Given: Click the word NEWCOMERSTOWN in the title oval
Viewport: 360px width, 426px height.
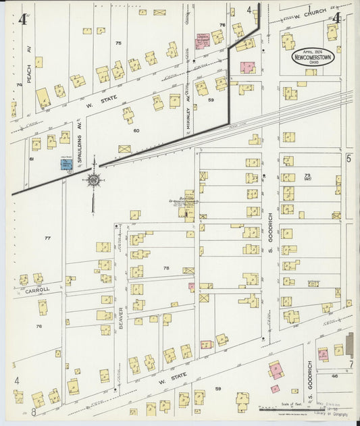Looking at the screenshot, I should point(313,59).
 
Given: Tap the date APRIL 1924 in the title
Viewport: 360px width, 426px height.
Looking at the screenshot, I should point(313,51).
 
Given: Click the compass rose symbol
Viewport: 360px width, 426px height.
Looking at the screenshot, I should point(93,180).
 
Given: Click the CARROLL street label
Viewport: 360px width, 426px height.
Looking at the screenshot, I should point(38,290).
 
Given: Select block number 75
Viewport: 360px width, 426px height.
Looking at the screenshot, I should point(118,43).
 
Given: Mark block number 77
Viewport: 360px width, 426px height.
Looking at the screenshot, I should point(47,238).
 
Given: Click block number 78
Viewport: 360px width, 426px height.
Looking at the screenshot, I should point(165,267).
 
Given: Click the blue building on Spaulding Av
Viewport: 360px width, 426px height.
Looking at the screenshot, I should point(67,164).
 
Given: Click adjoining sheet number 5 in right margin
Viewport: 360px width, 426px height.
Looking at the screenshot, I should point(349,159).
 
